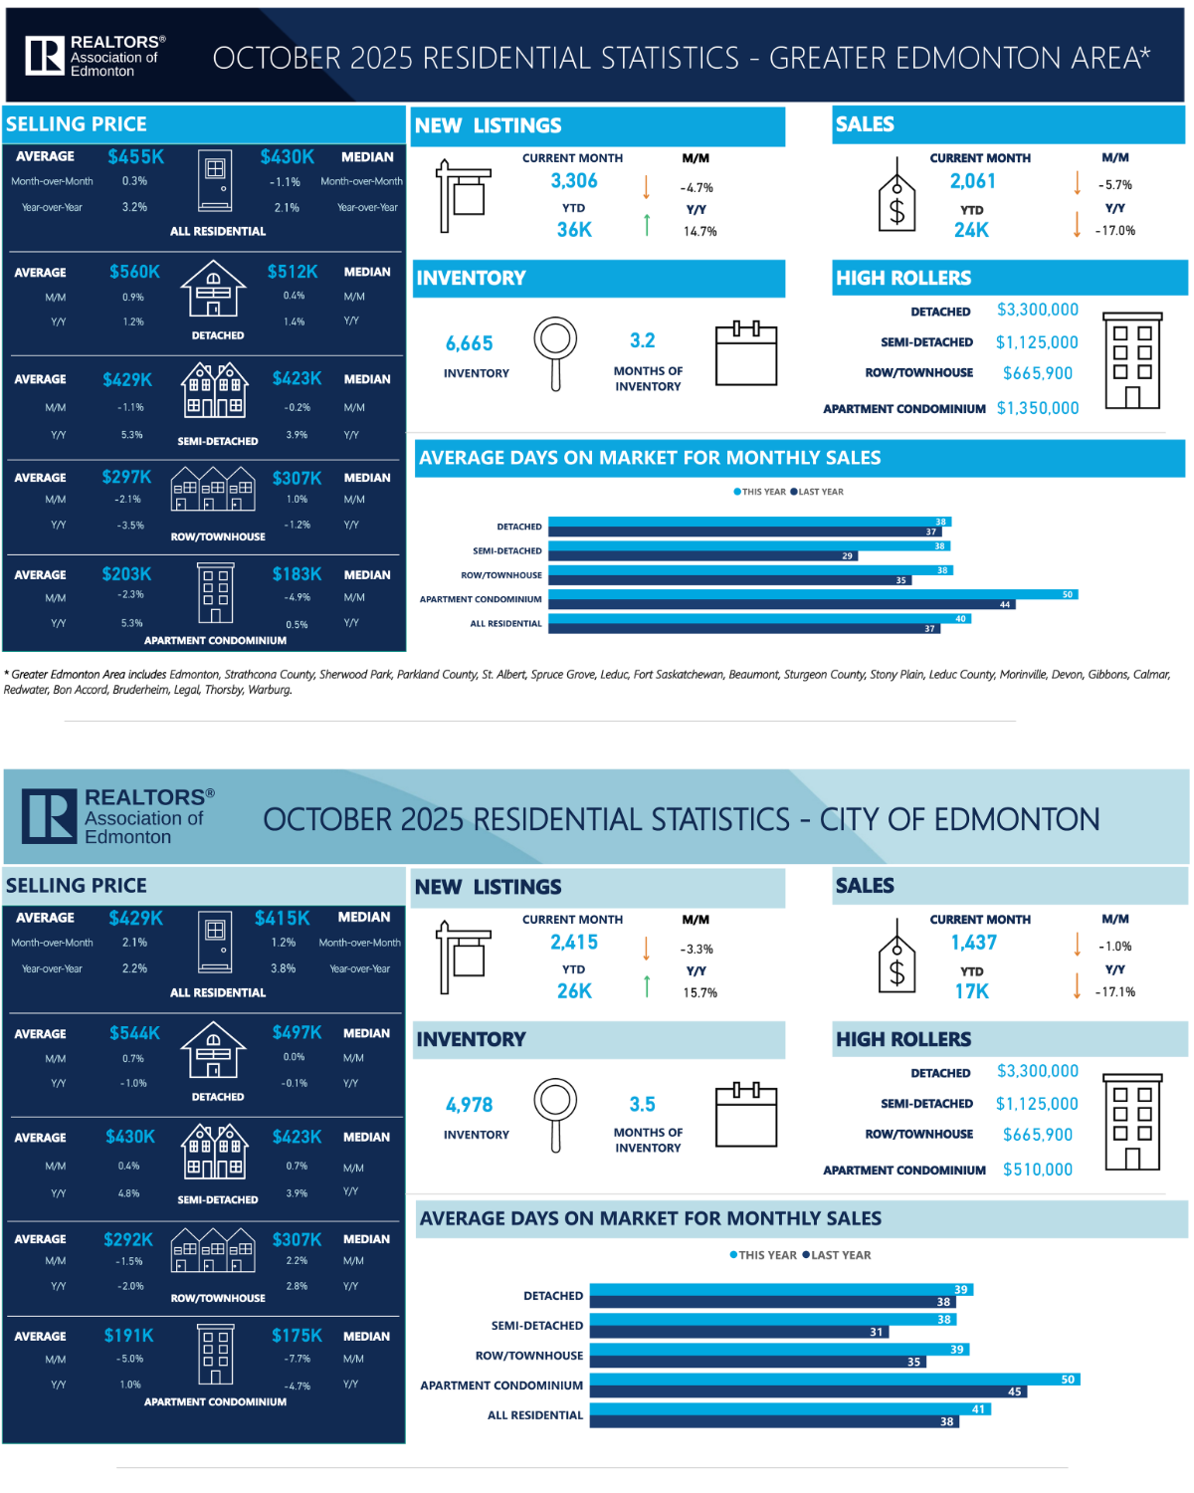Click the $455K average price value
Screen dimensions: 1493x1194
(x=135, y=157)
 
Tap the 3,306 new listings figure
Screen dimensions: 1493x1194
(x=574, y=181)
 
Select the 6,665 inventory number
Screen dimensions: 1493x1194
(x=470, y=343)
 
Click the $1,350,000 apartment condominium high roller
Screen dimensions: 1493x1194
(x=1038, y=408)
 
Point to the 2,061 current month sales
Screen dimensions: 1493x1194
(x=972, y=181)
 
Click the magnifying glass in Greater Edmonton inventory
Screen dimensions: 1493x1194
(x=555, y=351)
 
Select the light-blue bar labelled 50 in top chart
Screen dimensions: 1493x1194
(x=812, y=594)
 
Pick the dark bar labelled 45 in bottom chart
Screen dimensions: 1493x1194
(x=807, y=1391)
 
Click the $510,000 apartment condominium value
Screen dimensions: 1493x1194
(x=1038, y=1170)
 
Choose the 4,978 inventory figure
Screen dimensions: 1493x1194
(x=470, y=1105)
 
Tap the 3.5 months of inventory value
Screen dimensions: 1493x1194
(x=643, y=1105)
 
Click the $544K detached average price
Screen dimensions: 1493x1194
(x=134, y=1033)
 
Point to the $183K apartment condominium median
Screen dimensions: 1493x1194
(x=297, y=574)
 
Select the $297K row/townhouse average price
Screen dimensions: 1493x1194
(x=126, y=478)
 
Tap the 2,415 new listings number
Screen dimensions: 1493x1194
(x=574, y=943)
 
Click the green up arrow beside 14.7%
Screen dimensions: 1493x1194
(x=647, y=225)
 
